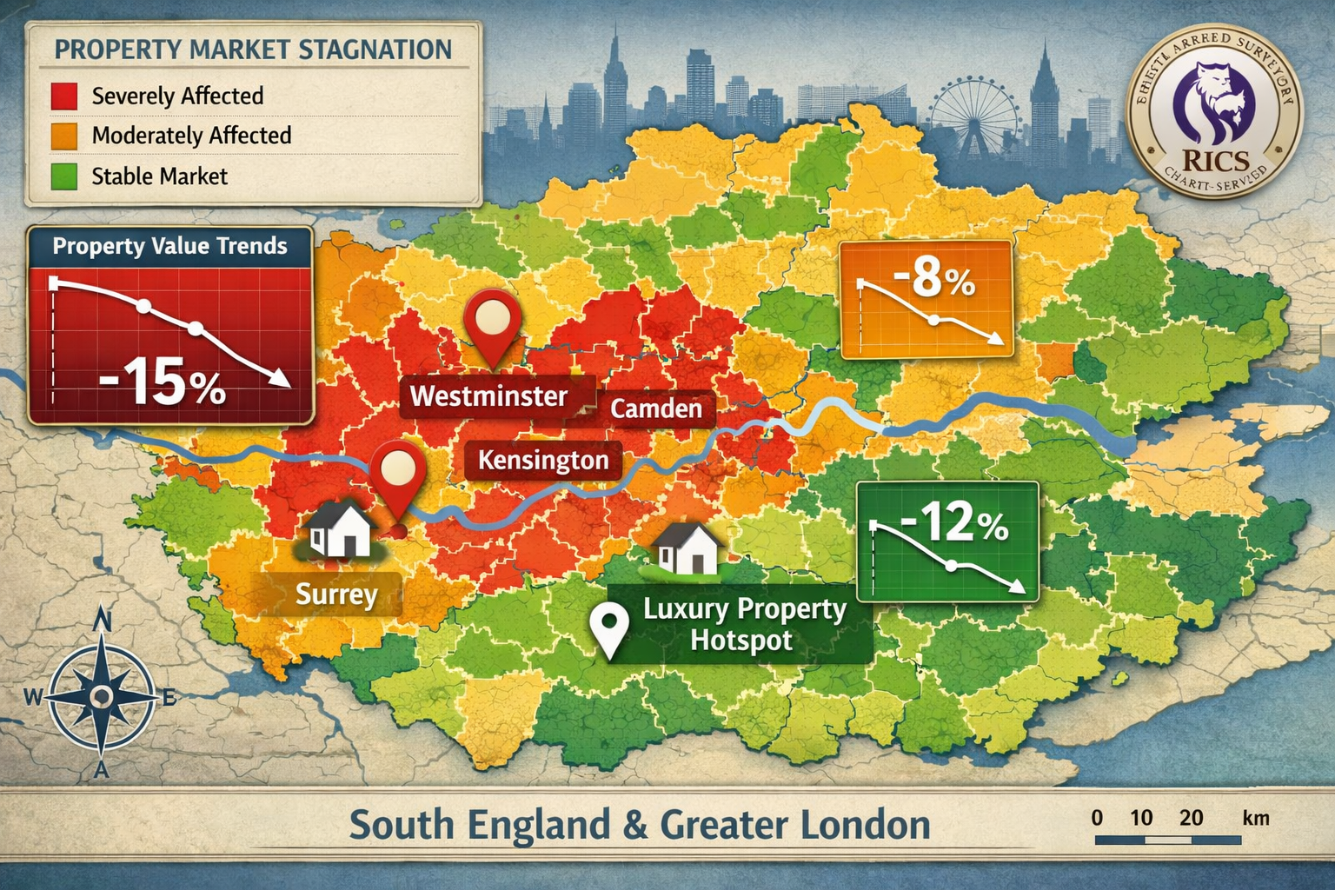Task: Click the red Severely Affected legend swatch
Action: point(64,96)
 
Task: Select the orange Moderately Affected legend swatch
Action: point(64,136)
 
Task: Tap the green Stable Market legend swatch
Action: point(64,176)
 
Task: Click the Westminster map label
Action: point(488,396)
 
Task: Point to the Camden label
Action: point(656,408)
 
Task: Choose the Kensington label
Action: point(543,460)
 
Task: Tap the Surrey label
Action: point(336,594)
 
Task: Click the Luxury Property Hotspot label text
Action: point(744,624)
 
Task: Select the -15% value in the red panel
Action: point(162,384)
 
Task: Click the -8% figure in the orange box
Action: point(933,280)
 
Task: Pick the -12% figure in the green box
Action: point(954,523)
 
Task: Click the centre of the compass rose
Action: point(102,695)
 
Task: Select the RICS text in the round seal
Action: point(1214,161)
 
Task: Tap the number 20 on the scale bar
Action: point(1192,818)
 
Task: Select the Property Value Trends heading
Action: point(169,246)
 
